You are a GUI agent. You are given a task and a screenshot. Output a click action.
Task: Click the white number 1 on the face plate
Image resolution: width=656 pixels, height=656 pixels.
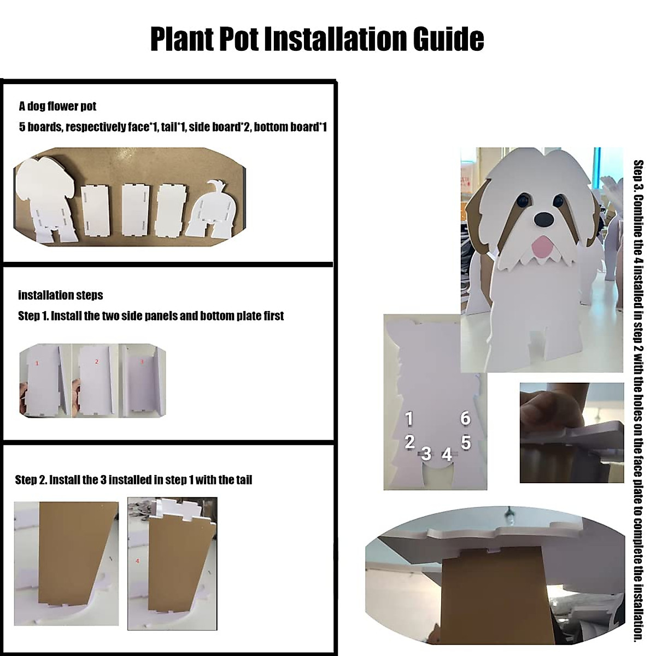409,419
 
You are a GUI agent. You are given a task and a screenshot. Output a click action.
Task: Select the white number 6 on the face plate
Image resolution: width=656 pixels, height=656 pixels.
465,418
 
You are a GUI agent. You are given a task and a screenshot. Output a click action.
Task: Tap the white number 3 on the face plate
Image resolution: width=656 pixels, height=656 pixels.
426,454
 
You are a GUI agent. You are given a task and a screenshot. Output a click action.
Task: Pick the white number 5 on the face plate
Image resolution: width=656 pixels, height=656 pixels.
465,442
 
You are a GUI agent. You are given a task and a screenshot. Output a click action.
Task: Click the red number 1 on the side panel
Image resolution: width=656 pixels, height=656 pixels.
37,363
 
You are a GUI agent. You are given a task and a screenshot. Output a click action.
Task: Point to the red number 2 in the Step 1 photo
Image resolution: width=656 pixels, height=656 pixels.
96,361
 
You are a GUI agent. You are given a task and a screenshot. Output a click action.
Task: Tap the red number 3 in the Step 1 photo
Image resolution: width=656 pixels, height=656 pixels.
142,361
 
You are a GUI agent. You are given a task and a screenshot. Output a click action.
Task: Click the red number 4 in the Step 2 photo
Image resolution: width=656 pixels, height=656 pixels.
137,561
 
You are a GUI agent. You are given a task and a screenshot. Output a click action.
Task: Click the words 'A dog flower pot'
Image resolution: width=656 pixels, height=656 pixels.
58,106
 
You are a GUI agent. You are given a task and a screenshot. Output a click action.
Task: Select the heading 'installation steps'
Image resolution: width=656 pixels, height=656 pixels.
60,295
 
